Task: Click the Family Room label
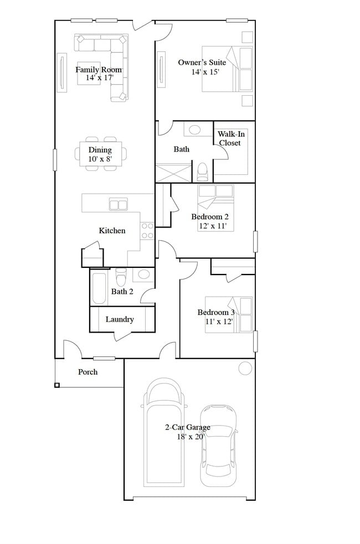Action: pos(99,70)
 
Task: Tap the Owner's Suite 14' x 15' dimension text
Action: pos(202,72)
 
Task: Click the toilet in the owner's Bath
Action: pos(202,171)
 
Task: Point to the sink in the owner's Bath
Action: pos(195,130)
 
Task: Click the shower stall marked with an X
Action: pos(173,172)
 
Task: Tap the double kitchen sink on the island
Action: pos(118,205)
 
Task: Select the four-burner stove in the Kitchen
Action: pos(147,231)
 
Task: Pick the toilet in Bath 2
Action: pos(121,276)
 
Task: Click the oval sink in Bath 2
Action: pos(143,273)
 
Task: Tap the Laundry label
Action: pos(120,319)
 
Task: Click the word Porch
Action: pos(88,372)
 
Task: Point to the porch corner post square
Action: pos(57,385)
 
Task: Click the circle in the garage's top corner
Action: pos(244,368)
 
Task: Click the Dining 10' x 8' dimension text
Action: pos(100,159)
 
